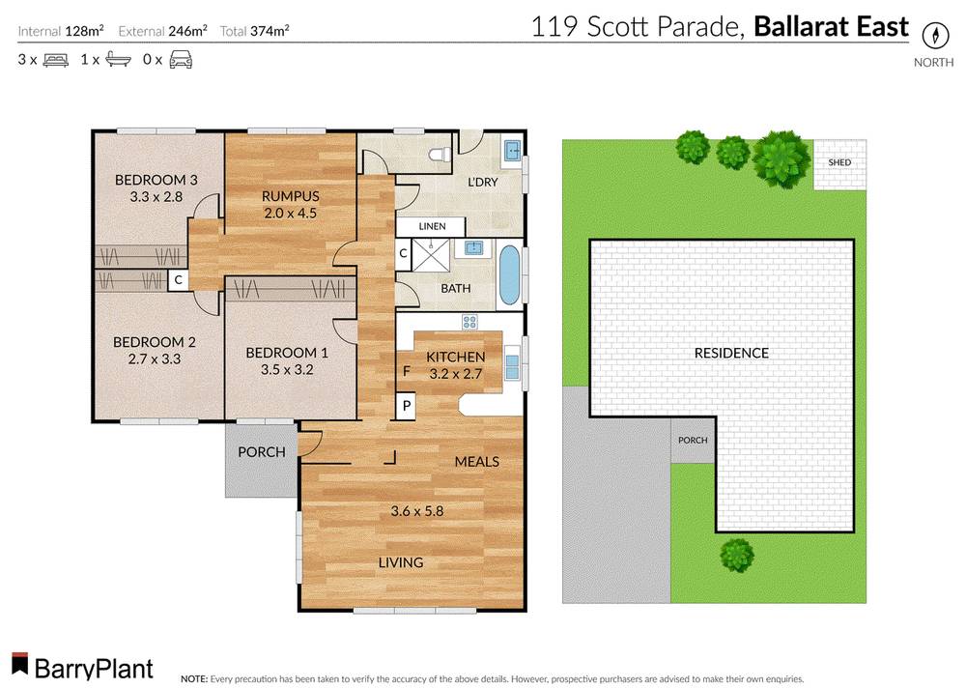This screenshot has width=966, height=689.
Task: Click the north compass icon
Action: [934, 35]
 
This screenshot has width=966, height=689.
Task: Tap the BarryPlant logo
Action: [82, 666]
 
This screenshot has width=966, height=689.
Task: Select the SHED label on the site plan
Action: [839, 162]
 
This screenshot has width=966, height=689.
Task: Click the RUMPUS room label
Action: [290, 196]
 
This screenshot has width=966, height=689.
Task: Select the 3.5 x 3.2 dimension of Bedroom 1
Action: [279, 368]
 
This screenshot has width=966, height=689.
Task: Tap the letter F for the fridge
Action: [406, 371]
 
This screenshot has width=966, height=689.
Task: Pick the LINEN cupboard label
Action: [432, 226]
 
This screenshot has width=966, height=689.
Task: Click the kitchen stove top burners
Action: [470, 322]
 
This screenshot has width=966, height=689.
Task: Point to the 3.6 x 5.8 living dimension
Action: [416, 511]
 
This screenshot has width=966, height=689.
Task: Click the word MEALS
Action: [477, 461]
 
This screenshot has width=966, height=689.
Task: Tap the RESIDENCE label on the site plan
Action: [731, 353]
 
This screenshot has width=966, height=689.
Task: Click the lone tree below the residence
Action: [736, 555]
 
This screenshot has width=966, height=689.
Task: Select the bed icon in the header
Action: [55, 60]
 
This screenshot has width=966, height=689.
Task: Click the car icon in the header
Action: [180, 60]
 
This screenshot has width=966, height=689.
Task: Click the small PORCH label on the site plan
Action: [693, 441]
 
